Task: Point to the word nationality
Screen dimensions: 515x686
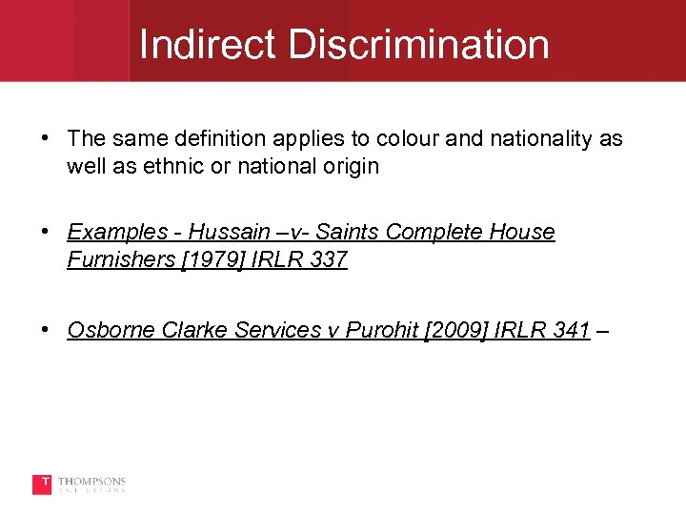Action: pyautogui.click(x=543, y=138)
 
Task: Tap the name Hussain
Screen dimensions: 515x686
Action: pyautogui.click(x=230, y=232)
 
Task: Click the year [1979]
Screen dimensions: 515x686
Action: pyautogui.click(x=214, y=259)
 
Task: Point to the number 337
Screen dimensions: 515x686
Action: pyautogui.click(x=329, y=259)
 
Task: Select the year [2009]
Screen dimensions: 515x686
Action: pyautogui.click(x=454, y=330)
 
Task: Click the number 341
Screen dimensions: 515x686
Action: pyautogui.click(x=571, y=330)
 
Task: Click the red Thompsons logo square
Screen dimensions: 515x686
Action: pyautogui.click(x=41, y=484)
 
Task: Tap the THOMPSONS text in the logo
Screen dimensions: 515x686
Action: pyautogui.click(x=91, y=482)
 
